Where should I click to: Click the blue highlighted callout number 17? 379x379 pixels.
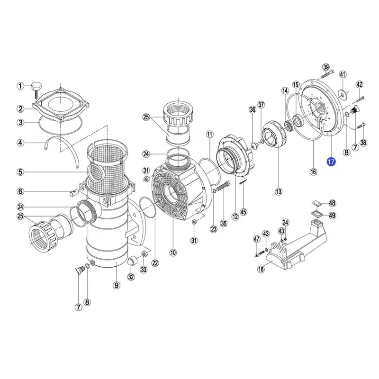pyautogui.click(x=331, y=162)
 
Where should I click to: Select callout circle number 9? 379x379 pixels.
pyautogui.click(x=116, y=285)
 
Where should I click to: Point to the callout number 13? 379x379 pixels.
pyautogui.click(x=279, y=192)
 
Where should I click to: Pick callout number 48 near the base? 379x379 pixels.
pyautogui.click(x=333, y=203)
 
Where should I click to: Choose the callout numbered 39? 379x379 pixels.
pyautogui.click(x=326, y=67)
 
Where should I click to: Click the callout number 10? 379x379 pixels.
pyautogui.click(x=173, y=253)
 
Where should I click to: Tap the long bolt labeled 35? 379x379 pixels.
pyautogui.click(x=222, y=190)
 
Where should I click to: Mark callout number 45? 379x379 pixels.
pyautogui.click(x=243, y=212)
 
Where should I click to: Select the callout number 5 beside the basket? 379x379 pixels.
pyautogui.click(x=20, y=172)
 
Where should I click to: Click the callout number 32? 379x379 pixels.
pyautogui.click(x=131, y=277)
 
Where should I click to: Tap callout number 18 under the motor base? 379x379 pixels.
pyautogui.click(x=261, y=269)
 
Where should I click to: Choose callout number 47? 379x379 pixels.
pyautogui.click(x=256, y=239)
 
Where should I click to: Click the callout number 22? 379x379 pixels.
pyautogui.click(x=155, y=263)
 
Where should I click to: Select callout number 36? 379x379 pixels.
pyautogui.click(x=253, y=110)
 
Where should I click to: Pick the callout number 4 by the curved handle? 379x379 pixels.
pyautogui.click(x=20, y=143)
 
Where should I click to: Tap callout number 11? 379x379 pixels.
pyautogui.click(x=209, y=134)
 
